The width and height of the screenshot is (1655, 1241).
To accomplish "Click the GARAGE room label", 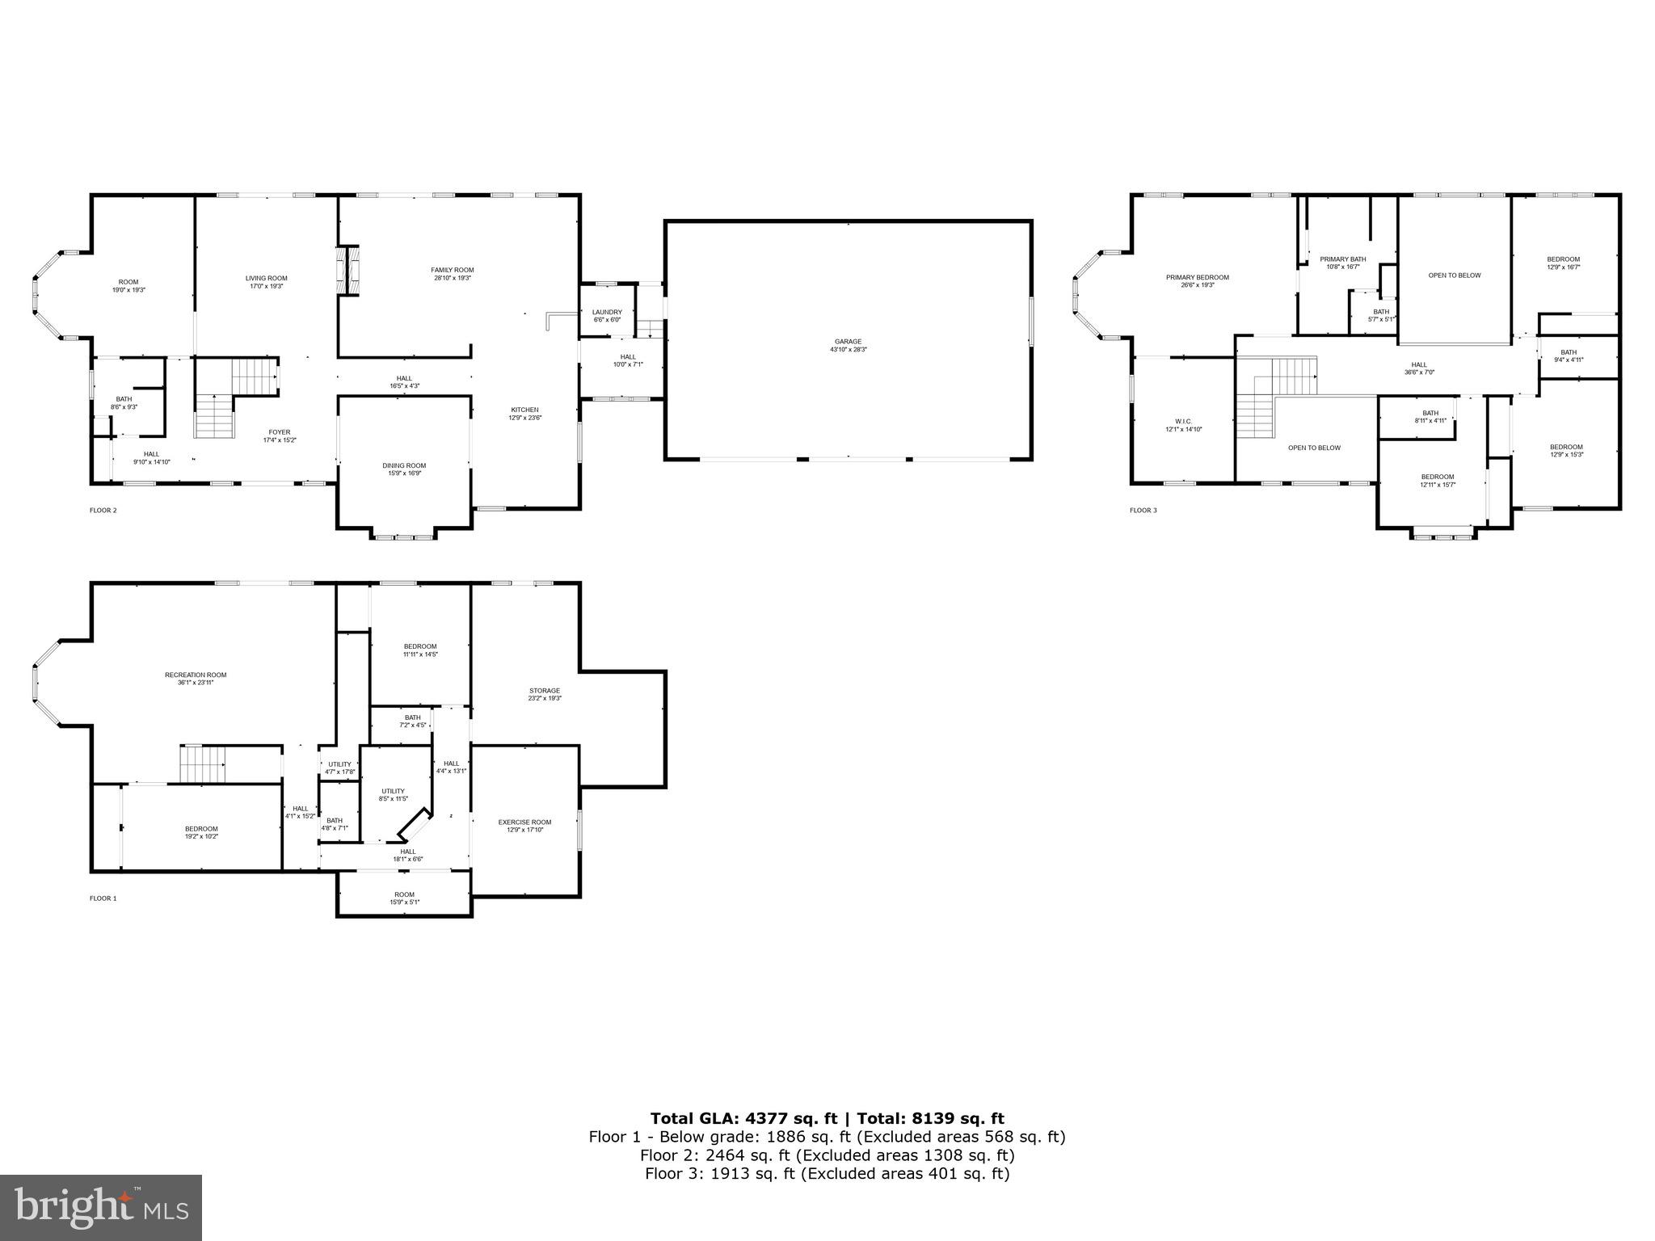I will click(848, 341).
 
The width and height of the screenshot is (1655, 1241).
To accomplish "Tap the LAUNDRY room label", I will click(607, 312).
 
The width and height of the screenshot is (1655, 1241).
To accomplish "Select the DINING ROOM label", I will click(404, 465).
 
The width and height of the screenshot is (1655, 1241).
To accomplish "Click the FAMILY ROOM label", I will click(452, 270).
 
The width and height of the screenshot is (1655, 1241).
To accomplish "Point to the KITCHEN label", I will click(524, 410).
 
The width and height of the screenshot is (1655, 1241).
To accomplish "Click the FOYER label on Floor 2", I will click(280, 432).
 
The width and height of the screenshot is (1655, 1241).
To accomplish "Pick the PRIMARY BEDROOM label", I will click(1197, 277).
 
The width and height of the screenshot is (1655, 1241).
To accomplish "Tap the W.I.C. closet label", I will click(1183, 421).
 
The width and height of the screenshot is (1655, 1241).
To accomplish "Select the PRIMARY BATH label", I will click(1343, 259).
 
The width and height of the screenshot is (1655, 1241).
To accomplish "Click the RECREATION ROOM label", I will click(196, 675).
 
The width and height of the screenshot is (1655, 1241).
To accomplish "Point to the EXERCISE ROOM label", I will click(524, 822).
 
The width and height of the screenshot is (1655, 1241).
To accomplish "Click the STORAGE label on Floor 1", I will click(545, 691).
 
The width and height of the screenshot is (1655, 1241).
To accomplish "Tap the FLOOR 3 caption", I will click(1143, 511).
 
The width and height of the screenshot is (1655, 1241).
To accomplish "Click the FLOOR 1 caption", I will click(103, 898).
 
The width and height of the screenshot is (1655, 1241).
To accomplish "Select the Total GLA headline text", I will click(827, 1119).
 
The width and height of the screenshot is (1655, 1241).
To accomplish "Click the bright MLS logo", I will click(101, 1208).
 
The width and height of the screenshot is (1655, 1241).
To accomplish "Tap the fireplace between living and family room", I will click(348, 271).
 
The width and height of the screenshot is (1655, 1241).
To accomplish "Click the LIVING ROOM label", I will click(267, 278).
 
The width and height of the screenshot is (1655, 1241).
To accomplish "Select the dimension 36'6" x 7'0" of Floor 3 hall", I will click(1419, 372).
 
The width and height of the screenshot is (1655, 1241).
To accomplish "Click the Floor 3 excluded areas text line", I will click(827, 1174).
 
